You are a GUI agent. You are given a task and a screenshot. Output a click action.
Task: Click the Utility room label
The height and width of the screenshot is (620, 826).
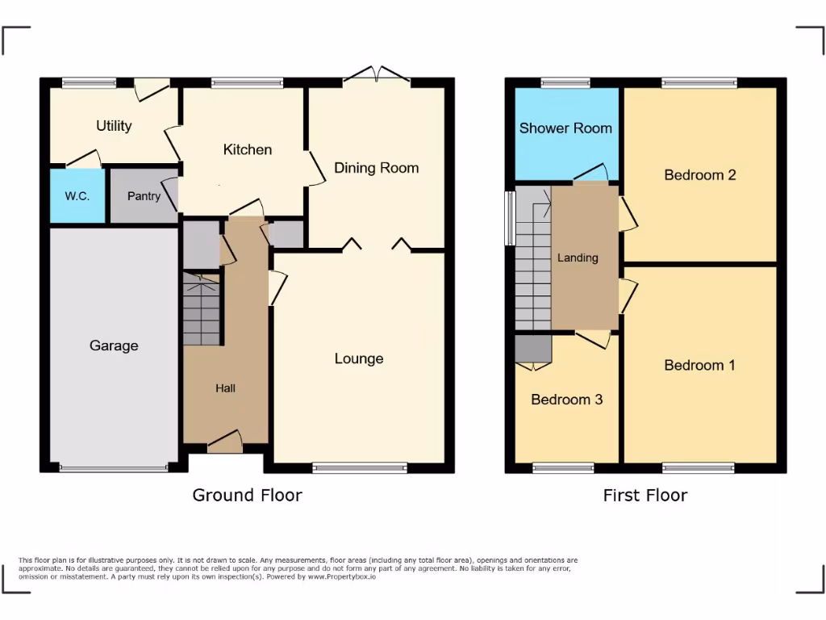coord(114,126)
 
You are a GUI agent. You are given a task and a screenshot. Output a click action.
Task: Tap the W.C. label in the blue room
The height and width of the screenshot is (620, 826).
coord(77,195)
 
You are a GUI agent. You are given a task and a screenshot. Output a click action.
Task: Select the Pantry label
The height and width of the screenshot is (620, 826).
coord(144,195)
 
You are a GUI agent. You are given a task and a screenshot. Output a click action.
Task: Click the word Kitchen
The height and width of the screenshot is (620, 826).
coord(248,149)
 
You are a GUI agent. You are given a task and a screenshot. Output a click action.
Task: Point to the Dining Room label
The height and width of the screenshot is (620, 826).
coord(377,168)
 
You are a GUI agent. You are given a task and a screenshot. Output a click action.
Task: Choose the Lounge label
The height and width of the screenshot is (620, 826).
coord(359,358)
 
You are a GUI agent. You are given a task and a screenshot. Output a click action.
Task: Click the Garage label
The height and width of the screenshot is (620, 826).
coord(114,346)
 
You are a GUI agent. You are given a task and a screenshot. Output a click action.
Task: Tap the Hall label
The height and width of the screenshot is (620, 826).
coord(225,388)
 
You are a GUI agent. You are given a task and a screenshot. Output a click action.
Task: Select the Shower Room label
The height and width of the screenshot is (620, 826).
coord(565,128)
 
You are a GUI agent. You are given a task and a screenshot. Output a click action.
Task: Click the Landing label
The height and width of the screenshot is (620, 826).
coord(578,258)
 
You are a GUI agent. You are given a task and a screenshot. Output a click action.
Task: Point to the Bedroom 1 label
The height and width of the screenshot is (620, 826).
coord(699,365)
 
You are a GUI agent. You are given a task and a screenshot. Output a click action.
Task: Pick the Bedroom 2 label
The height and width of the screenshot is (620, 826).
coord(699,174)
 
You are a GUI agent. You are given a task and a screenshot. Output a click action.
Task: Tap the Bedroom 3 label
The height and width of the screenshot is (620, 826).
coord(566,400)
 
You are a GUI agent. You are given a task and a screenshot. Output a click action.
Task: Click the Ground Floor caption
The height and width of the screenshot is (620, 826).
coord(247,495)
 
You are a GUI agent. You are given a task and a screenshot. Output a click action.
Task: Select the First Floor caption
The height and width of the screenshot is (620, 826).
coord(645,495)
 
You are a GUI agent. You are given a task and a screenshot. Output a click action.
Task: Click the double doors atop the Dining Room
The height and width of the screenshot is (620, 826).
coord(377,77)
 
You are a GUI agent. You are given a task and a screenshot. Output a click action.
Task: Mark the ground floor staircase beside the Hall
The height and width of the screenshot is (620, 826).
coord(202,311)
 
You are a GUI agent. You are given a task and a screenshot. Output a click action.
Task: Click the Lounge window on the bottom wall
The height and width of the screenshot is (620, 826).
coord(360,467)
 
